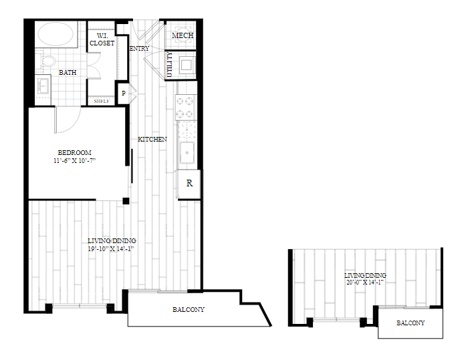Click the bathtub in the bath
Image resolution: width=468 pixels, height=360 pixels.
(x=55, y=33)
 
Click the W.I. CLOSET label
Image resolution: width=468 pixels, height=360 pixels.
(x=102, y=39)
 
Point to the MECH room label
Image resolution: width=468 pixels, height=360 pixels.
(x=183, y=35)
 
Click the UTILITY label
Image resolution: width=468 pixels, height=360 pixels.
(x=170, y=65)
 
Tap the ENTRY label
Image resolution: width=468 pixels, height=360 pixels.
(x=139, y=49)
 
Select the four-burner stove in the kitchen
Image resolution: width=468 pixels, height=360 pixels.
(x=186, y=108)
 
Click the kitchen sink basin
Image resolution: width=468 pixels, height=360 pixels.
(x=187, y=153)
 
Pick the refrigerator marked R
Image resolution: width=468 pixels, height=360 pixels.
(x=189, y=184)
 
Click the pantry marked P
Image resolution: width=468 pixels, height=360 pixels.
(x=123, y=94)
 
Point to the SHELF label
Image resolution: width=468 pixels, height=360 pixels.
(x=102, y=102)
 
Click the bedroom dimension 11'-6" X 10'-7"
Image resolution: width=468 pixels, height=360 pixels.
(x=75, y=161)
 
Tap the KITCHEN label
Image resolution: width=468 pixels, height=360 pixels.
(x=152, y=140)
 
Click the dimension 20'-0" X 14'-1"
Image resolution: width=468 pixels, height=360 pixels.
(x=365, y=282)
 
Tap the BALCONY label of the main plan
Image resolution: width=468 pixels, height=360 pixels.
(x=189, y=310)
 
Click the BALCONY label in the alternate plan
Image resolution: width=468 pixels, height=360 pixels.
(x=411, y=323)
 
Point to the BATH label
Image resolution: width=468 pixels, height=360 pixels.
(x=68, y=73)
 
